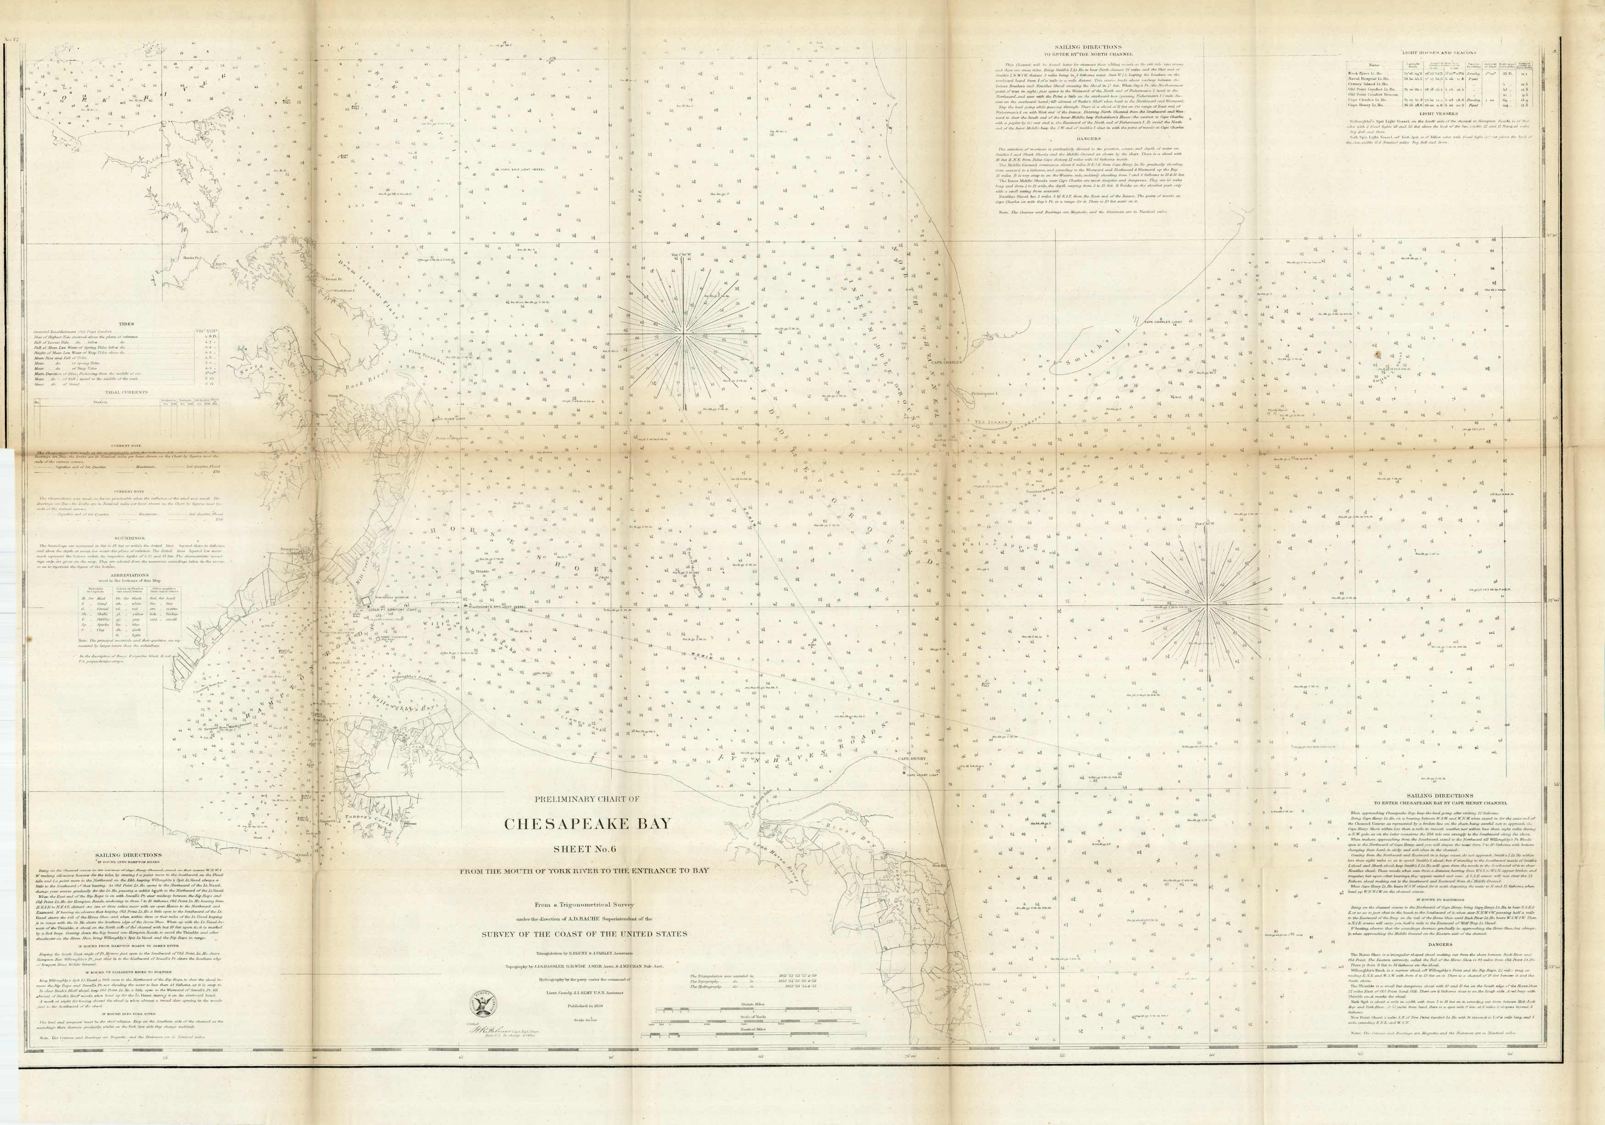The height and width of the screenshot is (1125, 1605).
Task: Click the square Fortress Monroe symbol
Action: pyautogui.click(x=364, y=600)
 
